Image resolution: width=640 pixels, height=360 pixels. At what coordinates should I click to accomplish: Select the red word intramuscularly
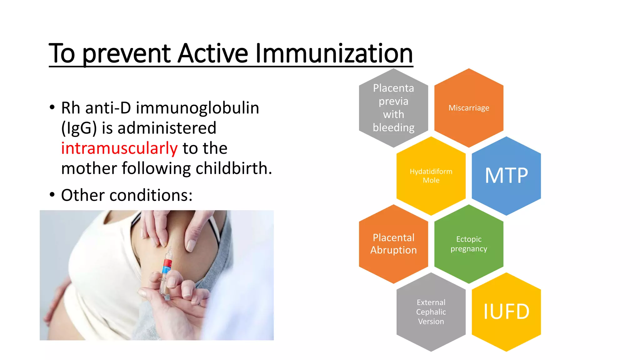coord(119,148)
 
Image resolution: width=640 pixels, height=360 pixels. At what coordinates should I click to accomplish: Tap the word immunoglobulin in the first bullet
coord(197,108)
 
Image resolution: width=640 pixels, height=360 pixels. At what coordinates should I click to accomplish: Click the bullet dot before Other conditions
coord(52,195)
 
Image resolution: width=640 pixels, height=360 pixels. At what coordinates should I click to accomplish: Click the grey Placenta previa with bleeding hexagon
coord(393,108)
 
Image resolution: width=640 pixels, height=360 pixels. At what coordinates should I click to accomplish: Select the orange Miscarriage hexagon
coord(469,108)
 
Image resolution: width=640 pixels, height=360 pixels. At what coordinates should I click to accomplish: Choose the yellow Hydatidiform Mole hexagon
coord(431,176)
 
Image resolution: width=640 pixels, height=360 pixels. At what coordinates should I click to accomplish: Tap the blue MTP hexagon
coord(506,176)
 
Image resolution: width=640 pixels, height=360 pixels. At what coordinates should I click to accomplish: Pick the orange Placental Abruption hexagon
coord(393,244)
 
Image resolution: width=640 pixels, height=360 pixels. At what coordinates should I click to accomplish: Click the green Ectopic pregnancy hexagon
coord(469,244)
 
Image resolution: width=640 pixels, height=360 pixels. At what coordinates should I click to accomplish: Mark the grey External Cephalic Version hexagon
coord(431,312)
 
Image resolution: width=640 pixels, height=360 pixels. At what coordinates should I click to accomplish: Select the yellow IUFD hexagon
coord(506,312)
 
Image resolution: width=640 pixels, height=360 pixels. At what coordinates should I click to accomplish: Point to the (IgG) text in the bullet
coord(79,128)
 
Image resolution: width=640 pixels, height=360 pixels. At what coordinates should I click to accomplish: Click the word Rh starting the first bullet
coord(70,108)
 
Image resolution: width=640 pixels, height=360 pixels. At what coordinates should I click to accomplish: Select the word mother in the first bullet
coord(89,168)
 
